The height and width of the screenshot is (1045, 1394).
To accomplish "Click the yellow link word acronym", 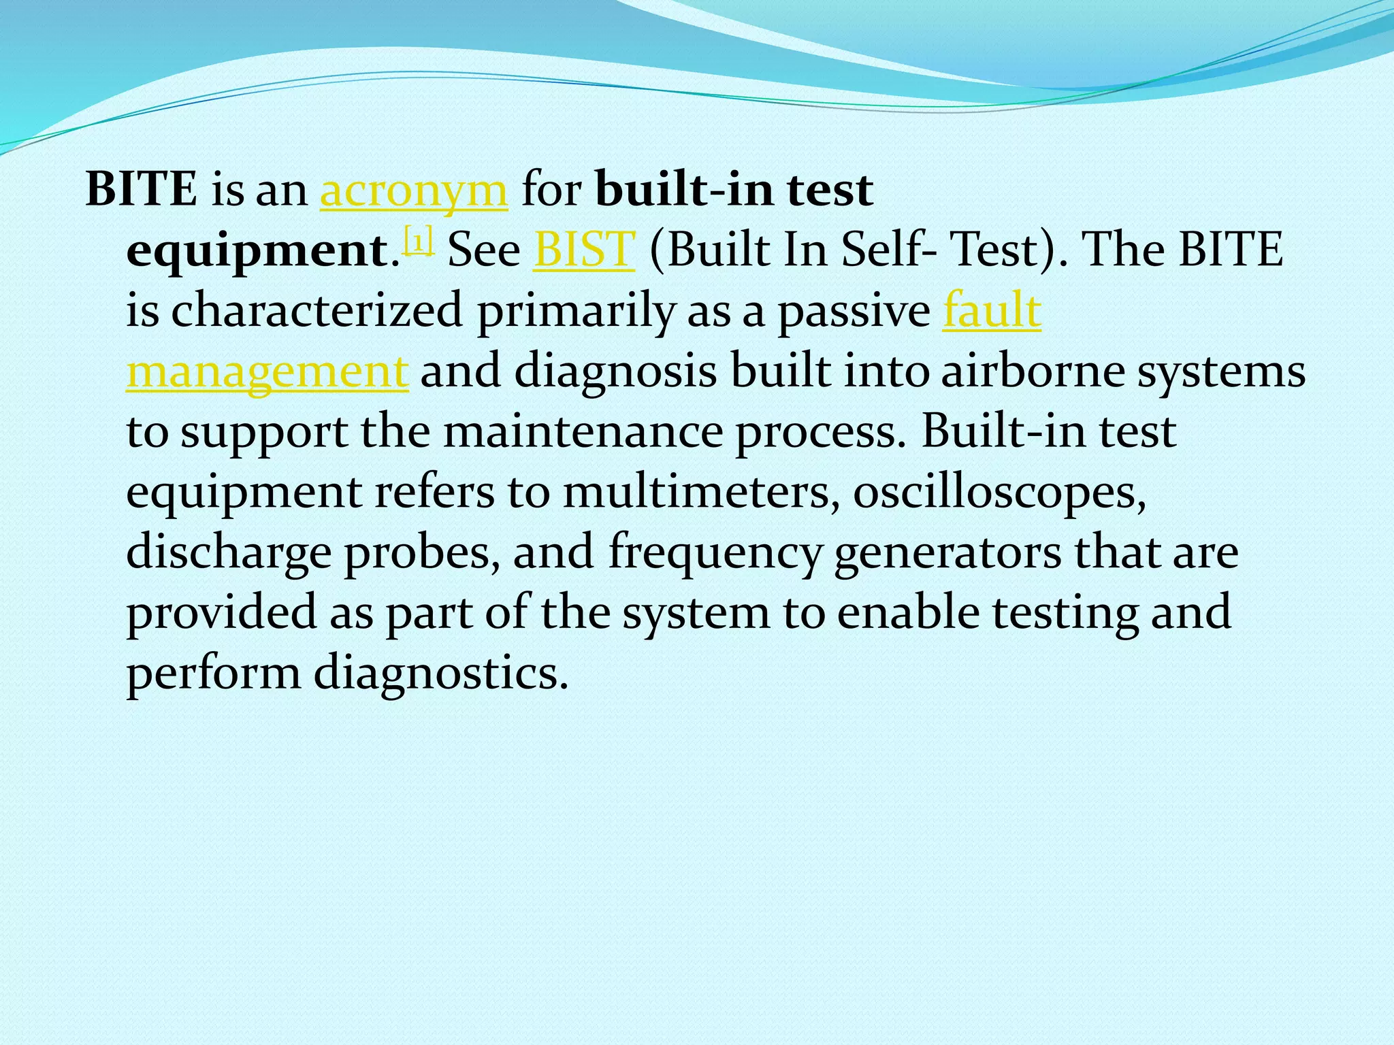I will tap(414, 191).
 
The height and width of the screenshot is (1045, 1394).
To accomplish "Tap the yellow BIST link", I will tap(584, 250).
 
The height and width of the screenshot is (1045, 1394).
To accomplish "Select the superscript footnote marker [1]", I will tap(419, 242).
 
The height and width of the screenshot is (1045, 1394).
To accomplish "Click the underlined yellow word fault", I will tap(992, 311).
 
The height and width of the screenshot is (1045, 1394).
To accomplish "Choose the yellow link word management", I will tap(268, 373).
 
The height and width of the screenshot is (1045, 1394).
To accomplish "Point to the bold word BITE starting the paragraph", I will tap(142, 190).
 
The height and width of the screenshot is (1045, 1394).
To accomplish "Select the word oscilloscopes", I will tap(999, 492).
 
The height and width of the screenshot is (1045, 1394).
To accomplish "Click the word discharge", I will tap(229, 553).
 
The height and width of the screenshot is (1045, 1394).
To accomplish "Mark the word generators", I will tap(947, 553).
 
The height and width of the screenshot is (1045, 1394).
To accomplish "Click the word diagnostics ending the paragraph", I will tap(440, 674).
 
